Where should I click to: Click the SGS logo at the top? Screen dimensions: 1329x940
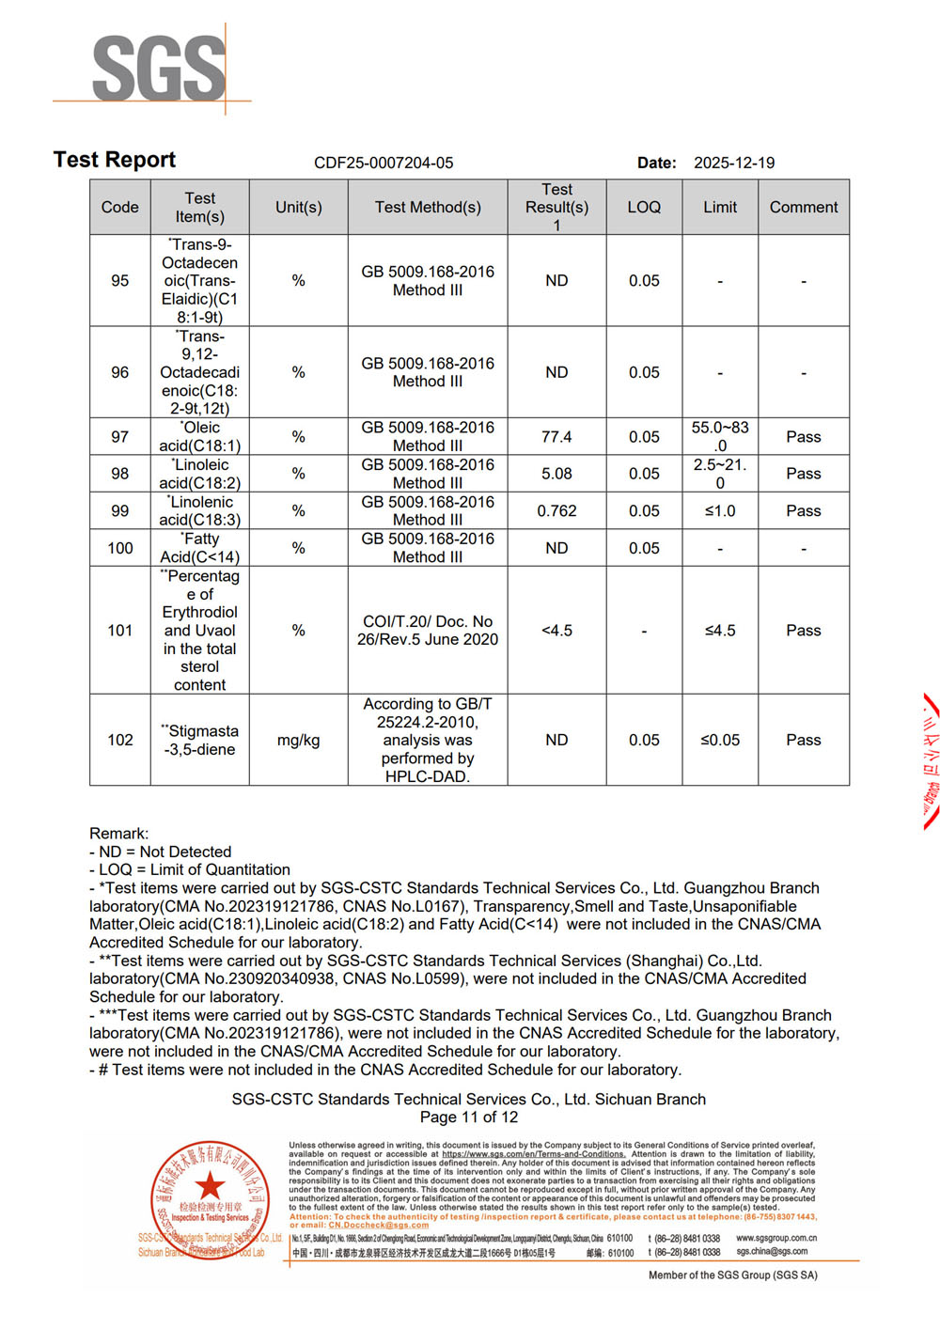coord(158,68)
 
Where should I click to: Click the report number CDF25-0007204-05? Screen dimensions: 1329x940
coord(384,163)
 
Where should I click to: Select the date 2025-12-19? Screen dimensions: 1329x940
coord(734,163)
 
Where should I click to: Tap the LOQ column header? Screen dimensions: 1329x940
coord(644,207)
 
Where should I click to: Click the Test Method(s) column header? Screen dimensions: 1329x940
coord(428,207)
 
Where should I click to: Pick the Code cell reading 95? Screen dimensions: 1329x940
coord(120,280)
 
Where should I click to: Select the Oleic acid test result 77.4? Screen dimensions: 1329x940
coord(556,436)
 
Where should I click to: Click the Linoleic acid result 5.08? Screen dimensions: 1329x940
coord(556,474)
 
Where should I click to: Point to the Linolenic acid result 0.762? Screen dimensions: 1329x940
coord(556,510)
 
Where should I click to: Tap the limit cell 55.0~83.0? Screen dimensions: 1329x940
coord(720,436)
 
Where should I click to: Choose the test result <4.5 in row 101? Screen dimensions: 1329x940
coord(556,630)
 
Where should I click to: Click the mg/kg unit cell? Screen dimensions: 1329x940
coord(298,740)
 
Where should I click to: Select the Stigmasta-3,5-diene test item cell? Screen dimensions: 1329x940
coord(199,740)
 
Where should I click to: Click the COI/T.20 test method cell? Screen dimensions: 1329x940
coord(428,630)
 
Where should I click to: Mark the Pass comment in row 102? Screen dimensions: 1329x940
coord(803,740)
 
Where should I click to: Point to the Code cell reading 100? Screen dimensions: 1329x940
coord(120,548)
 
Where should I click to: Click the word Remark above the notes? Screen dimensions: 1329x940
coord(118,833)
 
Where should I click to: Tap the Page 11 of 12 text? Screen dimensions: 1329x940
coord(469,1117)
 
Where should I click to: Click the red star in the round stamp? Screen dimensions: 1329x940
coord(211,1185)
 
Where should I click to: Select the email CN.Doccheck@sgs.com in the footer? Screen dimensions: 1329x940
coord(378,1225)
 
